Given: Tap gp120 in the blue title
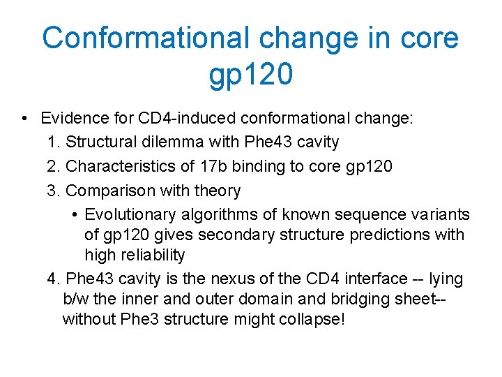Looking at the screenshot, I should (250, 75).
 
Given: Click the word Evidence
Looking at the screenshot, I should (72, 118).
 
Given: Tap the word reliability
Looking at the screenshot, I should (151, 255).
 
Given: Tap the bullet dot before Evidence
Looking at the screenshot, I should (24, 118).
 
